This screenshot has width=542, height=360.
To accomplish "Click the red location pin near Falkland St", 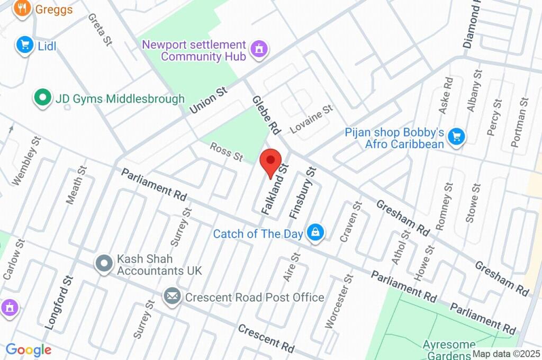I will coord(272,161).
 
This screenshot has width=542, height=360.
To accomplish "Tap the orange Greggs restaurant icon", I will coord(22,8).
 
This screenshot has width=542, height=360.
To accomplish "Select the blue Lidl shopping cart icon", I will coord(24,46).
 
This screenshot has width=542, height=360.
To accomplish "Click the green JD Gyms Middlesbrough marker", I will coord(42,98).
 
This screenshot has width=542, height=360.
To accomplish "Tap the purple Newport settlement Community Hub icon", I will coord(259,49).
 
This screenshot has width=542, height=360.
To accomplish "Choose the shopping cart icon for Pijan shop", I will coord(456,137).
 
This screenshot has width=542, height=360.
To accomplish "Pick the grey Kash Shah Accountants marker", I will coord(104,263).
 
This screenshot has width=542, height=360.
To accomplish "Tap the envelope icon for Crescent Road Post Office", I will coord(172,297).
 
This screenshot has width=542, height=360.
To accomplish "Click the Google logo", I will coord(29,350).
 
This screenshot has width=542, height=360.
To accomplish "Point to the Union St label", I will coord(208,100).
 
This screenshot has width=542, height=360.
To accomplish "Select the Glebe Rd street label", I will coord(265,114).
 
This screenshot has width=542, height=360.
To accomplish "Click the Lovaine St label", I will coord(311,119).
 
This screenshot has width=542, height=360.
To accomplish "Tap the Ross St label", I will coord(226,152).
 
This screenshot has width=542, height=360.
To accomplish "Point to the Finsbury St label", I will coord(302,193).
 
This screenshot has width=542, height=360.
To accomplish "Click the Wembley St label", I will coord(26,161).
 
